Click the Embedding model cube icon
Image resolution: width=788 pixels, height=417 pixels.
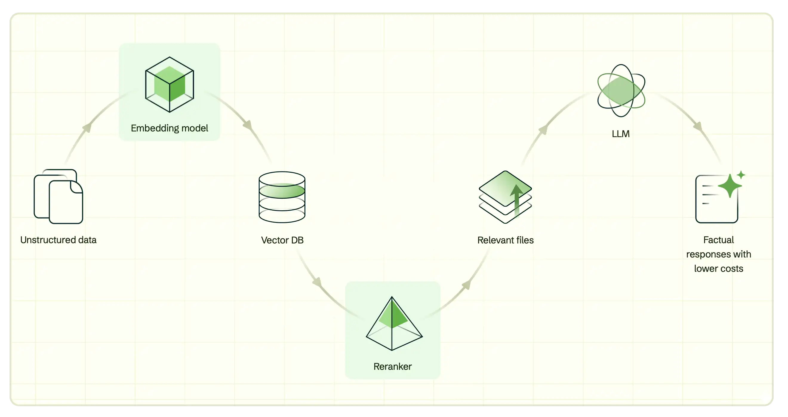pos(170,85)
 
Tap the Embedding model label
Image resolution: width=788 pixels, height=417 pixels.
pos(170,128)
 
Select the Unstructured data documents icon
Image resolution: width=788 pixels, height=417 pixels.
pos(59,196)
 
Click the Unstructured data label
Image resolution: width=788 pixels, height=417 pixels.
pos(59,240)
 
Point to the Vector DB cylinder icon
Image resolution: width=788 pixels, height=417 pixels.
pos(282,197)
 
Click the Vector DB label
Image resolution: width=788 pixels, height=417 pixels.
pos(282,240)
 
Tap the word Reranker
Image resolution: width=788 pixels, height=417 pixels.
pos(393,367)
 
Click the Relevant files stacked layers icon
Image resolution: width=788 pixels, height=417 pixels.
pos(505,197)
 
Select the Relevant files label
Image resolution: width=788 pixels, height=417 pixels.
pos(505,240)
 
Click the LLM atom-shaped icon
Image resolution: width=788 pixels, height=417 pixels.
pos(621,91)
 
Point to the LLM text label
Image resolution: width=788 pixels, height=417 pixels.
pos(621,134)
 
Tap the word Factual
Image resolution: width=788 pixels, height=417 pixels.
pos(718,240)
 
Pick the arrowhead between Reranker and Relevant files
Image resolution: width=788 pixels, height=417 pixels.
pos(466,285)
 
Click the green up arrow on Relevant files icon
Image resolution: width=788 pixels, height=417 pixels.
pos(517,199)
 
